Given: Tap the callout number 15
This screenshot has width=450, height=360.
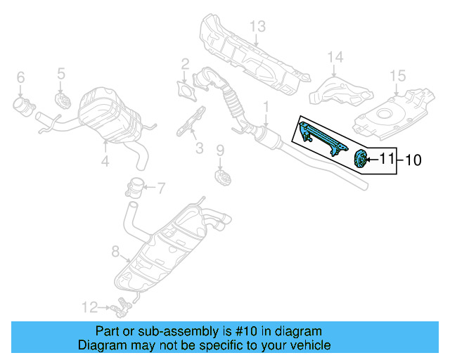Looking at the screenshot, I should [398, 75].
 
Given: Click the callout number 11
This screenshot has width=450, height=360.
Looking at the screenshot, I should [387, 160].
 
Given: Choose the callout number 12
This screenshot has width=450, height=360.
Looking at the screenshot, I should [88, 307].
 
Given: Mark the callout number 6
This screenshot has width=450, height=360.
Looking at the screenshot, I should [20, 77].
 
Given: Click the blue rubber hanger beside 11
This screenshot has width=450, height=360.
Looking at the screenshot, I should [360, 160].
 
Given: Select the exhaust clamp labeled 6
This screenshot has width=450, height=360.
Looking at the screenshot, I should [24, 106].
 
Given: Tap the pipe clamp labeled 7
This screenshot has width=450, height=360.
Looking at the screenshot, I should [132, 188].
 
